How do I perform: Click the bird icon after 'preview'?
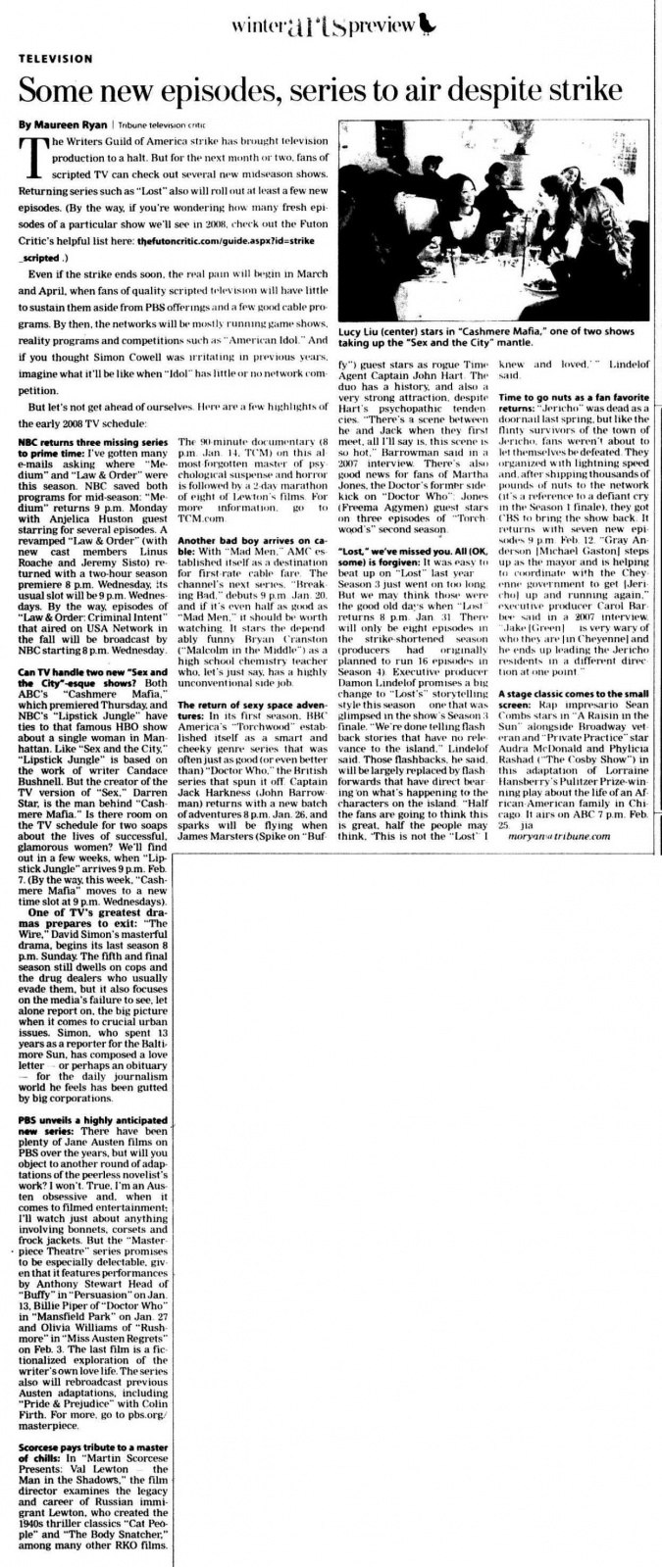tap(427, 25)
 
